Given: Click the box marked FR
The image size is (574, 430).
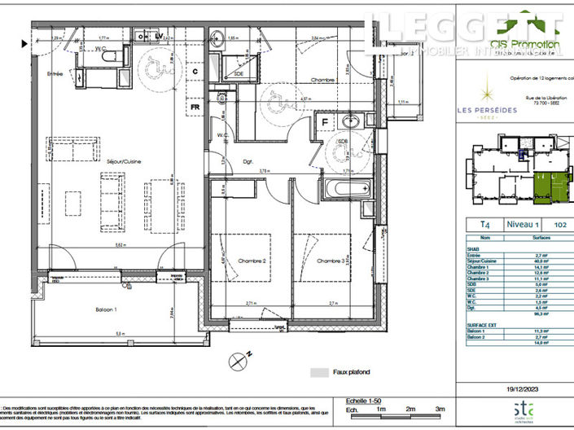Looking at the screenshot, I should point(195,107).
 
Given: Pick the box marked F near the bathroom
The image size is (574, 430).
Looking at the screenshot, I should point(325,123).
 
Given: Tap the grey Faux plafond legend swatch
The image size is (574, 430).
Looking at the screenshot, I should point(318,372).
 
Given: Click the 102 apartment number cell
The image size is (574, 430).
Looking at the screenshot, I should point(559,224).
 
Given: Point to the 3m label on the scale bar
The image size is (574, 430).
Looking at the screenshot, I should point(440,410).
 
